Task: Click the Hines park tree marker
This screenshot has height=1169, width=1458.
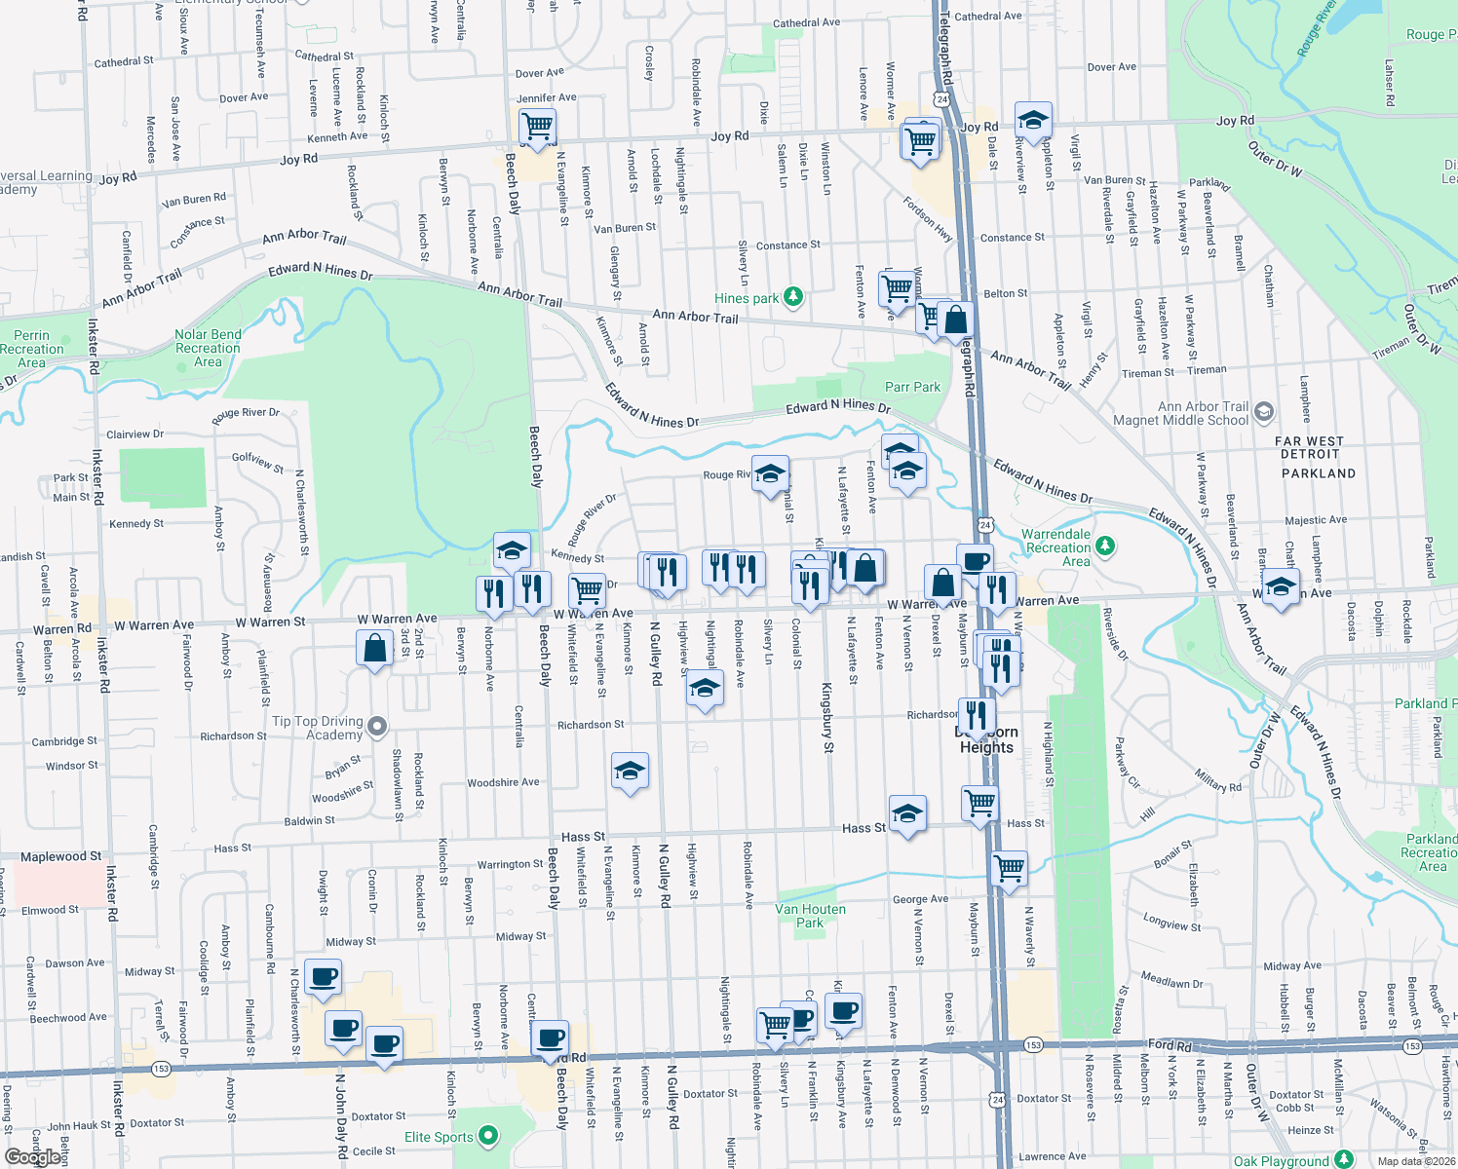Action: point(793,297)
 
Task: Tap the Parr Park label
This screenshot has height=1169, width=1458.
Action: point(912,387)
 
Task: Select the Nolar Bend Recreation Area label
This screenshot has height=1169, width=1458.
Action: point(208,348)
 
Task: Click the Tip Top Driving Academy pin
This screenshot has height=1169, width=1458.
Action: point(377,726)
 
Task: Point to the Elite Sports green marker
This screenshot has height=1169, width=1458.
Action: point(488,1136)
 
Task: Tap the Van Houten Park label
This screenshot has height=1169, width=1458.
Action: point(810,916)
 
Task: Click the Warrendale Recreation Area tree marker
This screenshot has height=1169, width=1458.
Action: point(1104,546)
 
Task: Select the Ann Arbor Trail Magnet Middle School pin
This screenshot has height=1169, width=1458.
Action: point(1263,411)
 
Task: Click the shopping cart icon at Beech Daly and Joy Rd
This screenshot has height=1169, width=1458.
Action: point(537,127)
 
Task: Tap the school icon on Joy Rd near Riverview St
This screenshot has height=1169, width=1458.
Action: point(1032,121)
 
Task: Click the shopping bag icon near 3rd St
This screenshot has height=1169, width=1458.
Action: point(375,649)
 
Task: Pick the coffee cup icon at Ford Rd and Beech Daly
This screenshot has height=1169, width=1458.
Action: point(551,1038)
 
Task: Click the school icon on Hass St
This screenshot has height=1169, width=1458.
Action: point(907,813)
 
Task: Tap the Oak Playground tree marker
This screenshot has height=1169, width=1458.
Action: point(1344,1158)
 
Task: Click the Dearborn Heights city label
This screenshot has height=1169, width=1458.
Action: point(986,739)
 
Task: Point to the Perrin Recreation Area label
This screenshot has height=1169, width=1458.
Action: point(31,349)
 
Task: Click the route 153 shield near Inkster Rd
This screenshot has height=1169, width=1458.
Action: point(161,1069)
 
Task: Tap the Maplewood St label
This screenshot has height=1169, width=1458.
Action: point(60,856)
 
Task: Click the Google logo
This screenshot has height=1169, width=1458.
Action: point(34,1157)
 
